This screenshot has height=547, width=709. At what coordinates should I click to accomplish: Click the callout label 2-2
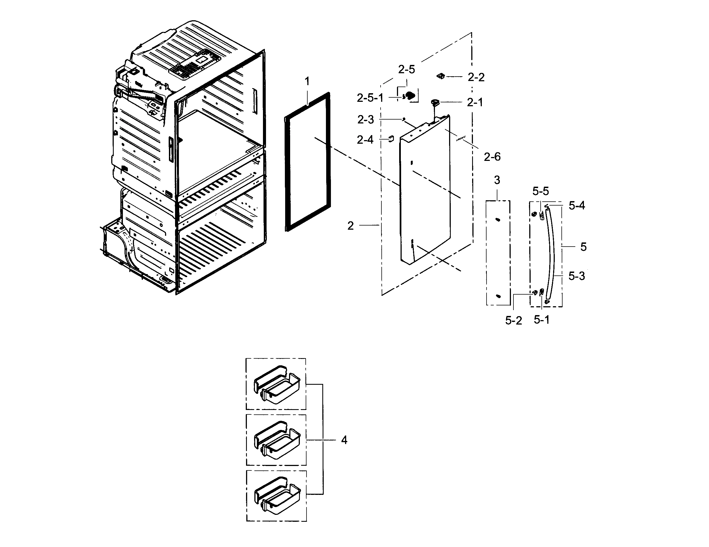[476, 77]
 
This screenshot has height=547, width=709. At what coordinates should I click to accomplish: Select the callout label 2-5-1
[370, 98]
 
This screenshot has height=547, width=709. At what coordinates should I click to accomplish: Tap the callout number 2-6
[492, 157]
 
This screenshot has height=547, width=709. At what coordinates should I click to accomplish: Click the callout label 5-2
[513, 320]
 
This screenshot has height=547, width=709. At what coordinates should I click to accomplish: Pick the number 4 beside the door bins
[344, 440]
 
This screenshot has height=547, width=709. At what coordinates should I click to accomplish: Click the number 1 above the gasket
[307, 82]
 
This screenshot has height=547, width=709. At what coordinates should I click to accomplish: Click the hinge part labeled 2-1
[435, 103]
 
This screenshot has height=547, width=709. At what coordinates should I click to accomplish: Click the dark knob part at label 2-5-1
[410, 95]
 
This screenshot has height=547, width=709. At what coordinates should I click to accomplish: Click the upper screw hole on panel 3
[498, 220]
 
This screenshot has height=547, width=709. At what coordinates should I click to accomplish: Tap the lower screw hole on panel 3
[499, 296]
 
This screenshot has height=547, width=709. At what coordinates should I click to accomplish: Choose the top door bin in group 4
[277, 384]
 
